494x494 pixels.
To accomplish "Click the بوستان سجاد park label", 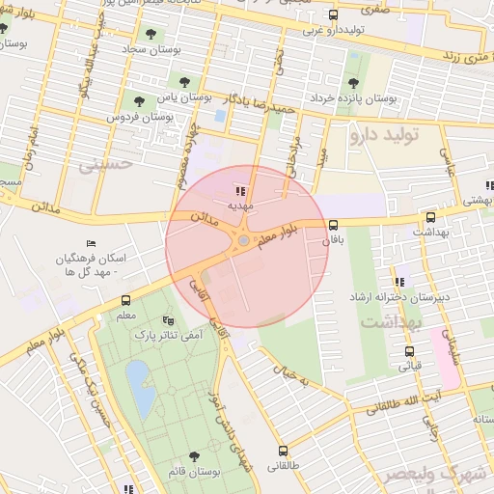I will click(x=146, y=47).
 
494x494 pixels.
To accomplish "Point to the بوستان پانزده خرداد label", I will click(x=385, y=98).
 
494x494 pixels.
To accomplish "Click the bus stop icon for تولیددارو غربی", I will click(x=334, y=15).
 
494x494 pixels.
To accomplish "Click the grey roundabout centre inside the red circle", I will click(x=243, y=239).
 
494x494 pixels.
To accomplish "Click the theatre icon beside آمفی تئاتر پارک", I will click(x=170, y=319).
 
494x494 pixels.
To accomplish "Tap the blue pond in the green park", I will click(x=137, y=377).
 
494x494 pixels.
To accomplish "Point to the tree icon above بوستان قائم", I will click(x=195, y=455).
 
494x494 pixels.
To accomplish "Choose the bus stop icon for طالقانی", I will click(x=283, y=451).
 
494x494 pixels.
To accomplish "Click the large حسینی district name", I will click(x=94, y=166).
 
